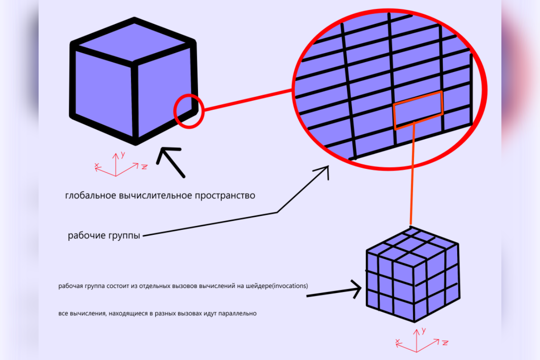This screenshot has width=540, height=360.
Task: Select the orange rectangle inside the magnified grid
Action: pos(418,110)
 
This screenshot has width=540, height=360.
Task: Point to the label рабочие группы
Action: pos(104,235)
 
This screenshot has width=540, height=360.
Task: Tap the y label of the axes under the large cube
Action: pos(122,155)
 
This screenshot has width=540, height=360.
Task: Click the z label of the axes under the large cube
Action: pos(144,167)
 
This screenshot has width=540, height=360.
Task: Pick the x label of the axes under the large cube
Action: pos(97,166)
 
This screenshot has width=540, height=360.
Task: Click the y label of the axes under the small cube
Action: pos(423,331)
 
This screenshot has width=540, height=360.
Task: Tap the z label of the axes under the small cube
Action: pos(445,343)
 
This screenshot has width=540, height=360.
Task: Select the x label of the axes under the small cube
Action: pos(397,342)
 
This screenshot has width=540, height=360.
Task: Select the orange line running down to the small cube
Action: pos(411,175)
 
